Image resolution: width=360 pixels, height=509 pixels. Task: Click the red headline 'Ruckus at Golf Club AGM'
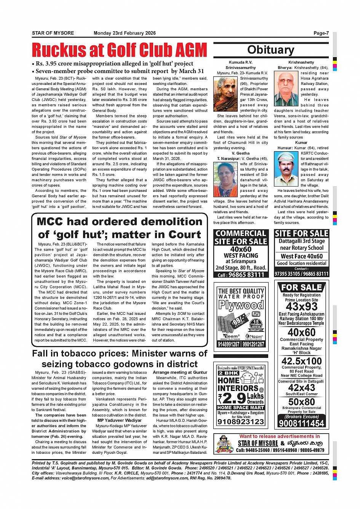coord(119,50)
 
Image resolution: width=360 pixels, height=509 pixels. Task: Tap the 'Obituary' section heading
coord(270,50)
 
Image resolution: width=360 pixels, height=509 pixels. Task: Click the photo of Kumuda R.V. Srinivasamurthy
coord(226,94)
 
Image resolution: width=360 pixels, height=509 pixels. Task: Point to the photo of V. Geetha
coord(226,179)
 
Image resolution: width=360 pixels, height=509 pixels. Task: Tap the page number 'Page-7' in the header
coord(321,33)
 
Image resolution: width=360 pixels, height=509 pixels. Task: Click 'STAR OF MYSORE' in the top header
coord(53,33)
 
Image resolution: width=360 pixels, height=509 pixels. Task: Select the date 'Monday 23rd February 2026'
coord(125,33)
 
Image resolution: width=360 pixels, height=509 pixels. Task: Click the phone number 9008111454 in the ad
coord(301,423)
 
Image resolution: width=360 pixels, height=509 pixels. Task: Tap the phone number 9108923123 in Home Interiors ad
coord(241,421)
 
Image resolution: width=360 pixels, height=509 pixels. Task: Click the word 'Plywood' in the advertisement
coord(241,305)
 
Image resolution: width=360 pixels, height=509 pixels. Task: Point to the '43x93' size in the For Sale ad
coord(301,306)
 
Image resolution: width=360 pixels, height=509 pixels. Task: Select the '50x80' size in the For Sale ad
coord(301,402)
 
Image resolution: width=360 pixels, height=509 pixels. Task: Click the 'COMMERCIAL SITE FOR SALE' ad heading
coord(241,237)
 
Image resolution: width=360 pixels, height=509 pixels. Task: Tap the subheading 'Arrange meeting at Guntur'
coord(180,372)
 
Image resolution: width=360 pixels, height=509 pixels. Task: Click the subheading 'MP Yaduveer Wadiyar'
coord(119,420)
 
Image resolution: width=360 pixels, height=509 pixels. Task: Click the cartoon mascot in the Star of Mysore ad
coord(225,444)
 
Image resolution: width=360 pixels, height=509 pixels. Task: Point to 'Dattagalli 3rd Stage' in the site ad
coord(301,241)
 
